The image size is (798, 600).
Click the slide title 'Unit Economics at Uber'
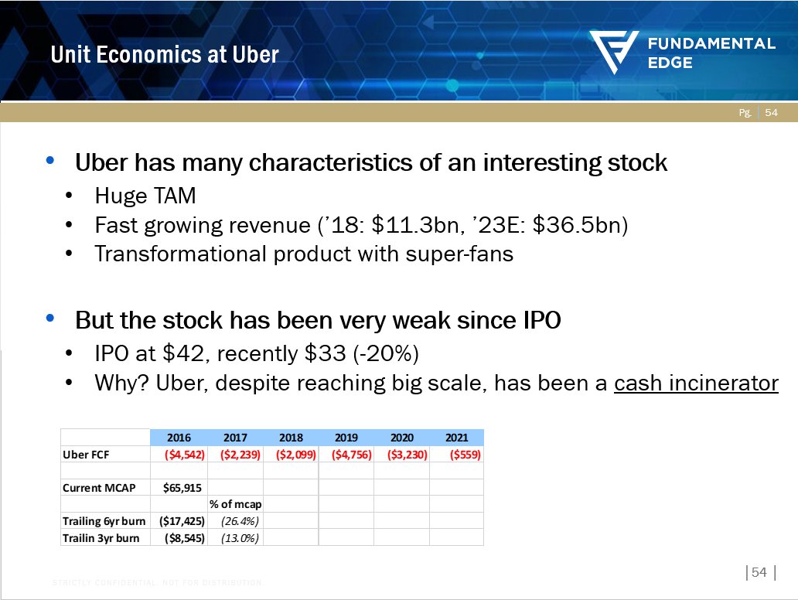165,54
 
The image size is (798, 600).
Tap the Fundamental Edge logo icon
614,53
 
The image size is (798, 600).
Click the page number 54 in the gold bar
772,113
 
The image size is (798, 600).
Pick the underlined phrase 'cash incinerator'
696,383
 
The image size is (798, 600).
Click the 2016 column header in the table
179,438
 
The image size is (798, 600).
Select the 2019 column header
346,438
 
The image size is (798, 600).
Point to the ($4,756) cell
346,455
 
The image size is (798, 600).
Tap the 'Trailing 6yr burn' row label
104,521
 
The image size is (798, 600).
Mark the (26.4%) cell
234,521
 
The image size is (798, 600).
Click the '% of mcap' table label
234,505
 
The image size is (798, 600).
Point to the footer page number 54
759,572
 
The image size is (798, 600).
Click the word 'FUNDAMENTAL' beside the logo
711,44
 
